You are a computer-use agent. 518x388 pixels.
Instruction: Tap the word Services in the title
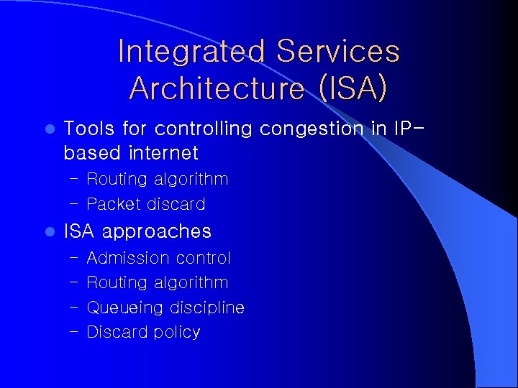[x=338, y=52]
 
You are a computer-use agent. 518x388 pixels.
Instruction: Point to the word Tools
[x=90, y=129]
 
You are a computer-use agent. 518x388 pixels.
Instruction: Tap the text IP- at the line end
[x=409, y=129]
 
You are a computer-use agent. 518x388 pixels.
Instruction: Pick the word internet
[x=164, y=153]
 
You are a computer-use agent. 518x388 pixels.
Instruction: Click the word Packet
[x=113, y=205]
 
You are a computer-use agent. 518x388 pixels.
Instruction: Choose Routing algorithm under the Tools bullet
[x=157, y=180]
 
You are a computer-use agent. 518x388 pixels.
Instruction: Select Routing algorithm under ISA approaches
[x=157, y=283]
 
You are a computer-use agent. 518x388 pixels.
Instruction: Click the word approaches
[x=157, y=232]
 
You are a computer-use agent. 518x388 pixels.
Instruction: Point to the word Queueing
[x=125, y=308]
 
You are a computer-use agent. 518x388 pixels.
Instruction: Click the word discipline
[x=207, y=308]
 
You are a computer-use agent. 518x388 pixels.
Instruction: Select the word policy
[x=176, y=333]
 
